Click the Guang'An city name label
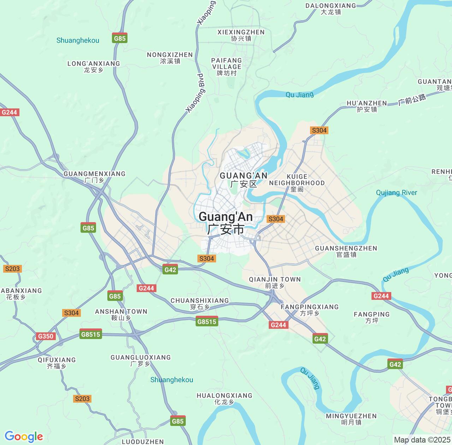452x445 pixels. click(x=226, y=222)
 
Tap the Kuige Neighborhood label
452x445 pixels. click(x=297, y=183)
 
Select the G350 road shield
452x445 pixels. click(x=46, y=336)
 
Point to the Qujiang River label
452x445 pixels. click(x=396, y=193)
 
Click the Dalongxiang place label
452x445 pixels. click(x=331, y=8)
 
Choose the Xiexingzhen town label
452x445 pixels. click(x=241, y=35)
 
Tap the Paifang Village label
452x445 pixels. click(x=226, y=66)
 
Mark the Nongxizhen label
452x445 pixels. click(x=170, y=58)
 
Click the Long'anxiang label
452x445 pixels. click(x=94, y=66)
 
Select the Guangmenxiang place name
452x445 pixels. click(x=94, y=177)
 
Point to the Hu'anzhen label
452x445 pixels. click(x=367, y=106)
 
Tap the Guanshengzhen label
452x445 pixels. click(x=346, y=251)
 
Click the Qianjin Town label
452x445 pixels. click(x=275, y=282)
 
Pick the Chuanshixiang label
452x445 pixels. click(x=200, y=303)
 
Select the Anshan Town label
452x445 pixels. click(x=121, y=314)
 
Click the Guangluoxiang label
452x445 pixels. click(x=141, y=360)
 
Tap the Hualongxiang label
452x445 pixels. click(x=224, y=398)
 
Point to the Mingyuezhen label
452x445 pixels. click(x=351, y=419)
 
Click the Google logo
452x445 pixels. click(x=24, y=437)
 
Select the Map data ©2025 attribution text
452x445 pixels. click(x=422, y=440)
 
